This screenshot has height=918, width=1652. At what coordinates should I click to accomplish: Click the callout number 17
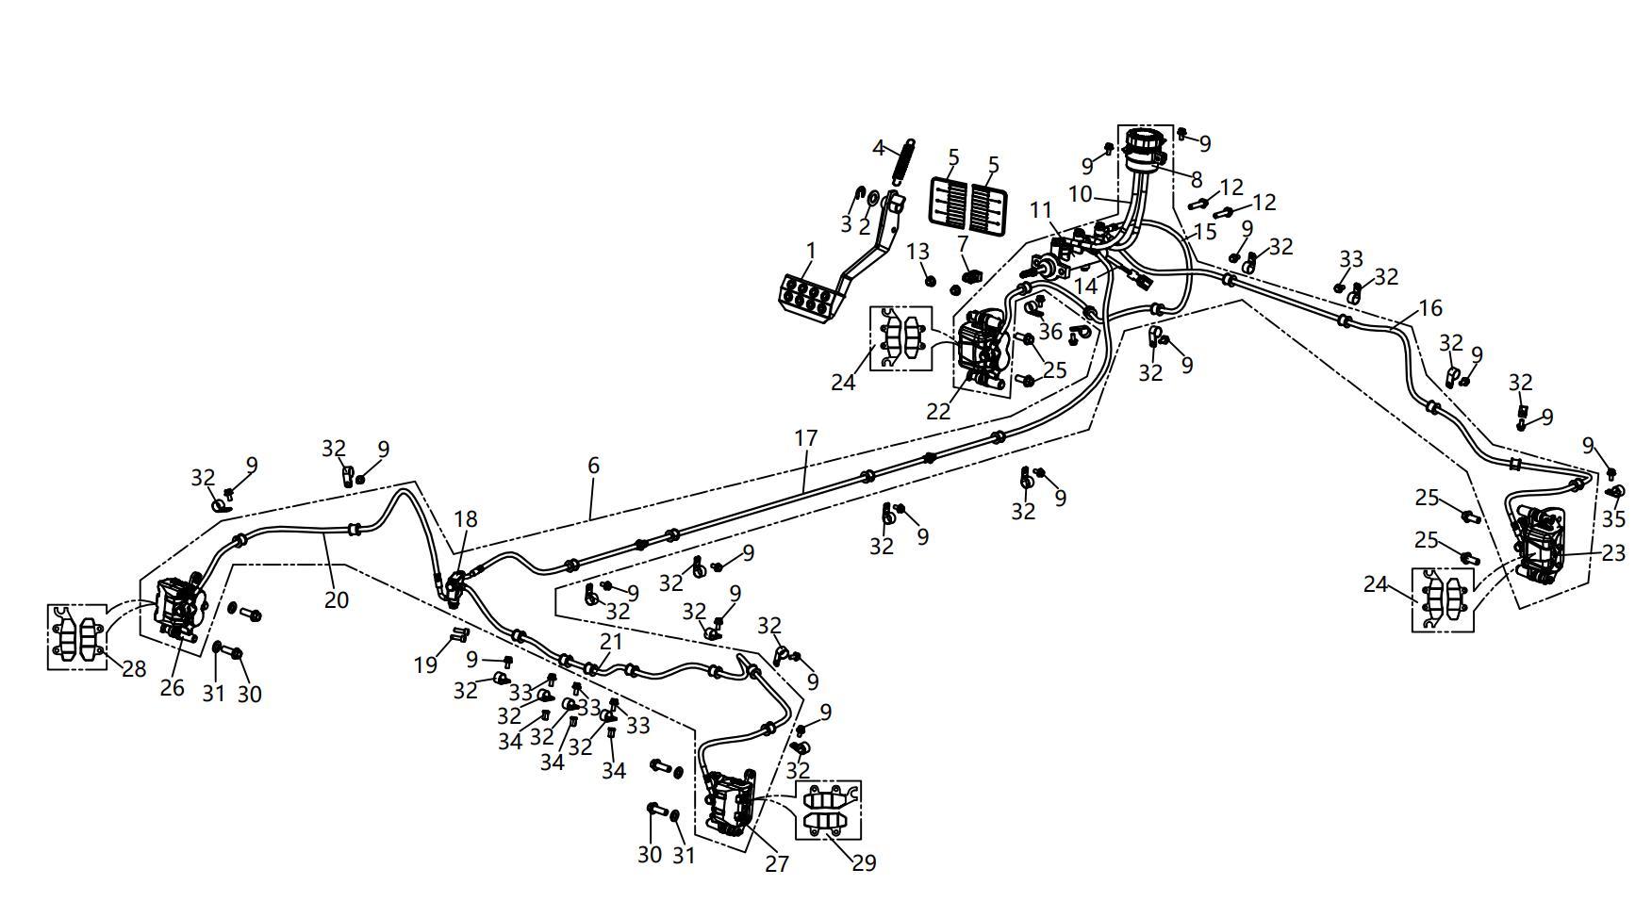pyautogui.click(x=805, y=438)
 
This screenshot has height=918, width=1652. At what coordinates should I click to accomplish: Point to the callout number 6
pyautogui.click(x=593, y=466)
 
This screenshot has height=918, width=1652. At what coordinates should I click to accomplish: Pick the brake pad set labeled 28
pyautogui.click(x=77, y=637)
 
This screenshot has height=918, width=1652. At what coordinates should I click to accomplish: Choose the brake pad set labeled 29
pyautogui.click(x=829, y=810)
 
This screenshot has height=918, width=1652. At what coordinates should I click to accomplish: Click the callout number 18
pyautogui.click(x=466, y=519)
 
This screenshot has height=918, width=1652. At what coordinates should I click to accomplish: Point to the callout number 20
pyautogui.click(x=337, y=599)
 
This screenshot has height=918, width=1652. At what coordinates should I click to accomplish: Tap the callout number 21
pyautogui.click(x=612, y=642)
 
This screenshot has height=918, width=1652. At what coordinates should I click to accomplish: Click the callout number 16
pyautogui.click(x=1430, y=308)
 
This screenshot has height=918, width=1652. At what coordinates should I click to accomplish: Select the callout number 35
pyautogui.click(x=1613, y=519)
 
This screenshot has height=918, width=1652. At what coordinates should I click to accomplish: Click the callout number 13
pyautogui.click(x=918, y=252)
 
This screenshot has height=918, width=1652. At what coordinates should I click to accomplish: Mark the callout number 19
pyautogui.click(x=425, y=664)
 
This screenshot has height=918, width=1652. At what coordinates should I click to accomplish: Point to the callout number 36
pyautogui.click(x=1050, y=332)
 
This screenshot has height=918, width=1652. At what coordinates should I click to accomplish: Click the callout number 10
pyautogui.click(x=1080, y=194)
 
